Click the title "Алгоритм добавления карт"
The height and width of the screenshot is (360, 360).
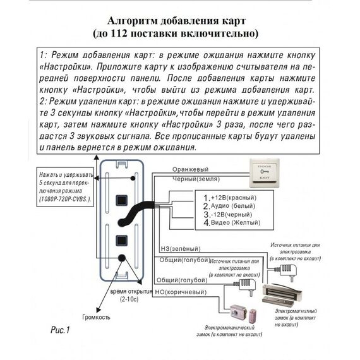point(179,18)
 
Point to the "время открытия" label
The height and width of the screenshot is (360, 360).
point(131,292)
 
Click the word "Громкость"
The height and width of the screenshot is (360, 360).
point(95,316)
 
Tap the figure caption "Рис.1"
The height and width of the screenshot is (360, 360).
point(59,330)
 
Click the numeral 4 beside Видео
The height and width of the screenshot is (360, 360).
point(205,222)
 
